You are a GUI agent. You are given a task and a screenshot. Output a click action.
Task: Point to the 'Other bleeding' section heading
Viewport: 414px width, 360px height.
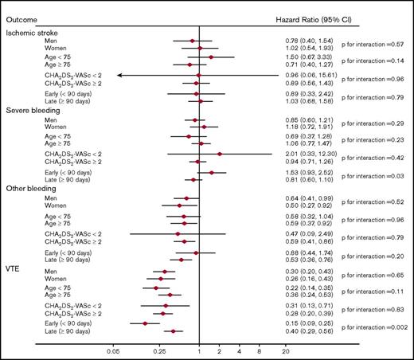(x=31, y=188)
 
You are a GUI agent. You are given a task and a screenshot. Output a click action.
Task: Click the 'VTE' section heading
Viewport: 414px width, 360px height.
(x=14, y=266)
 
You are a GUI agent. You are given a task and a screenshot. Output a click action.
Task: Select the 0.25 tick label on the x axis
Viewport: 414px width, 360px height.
(x=159, y=349)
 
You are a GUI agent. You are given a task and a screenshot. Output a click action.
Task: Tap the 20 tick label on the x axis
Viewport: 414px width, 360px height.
(x=285, y=349)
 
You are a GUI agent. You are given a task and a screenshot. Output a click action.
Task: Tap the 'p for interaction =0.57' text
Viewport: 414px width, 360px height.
(x=371, y=45)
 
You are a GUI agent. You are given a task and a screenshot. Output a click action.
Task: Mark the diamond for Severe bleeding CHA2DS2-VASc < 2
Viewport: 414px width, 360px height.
(x=219, y=153)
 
